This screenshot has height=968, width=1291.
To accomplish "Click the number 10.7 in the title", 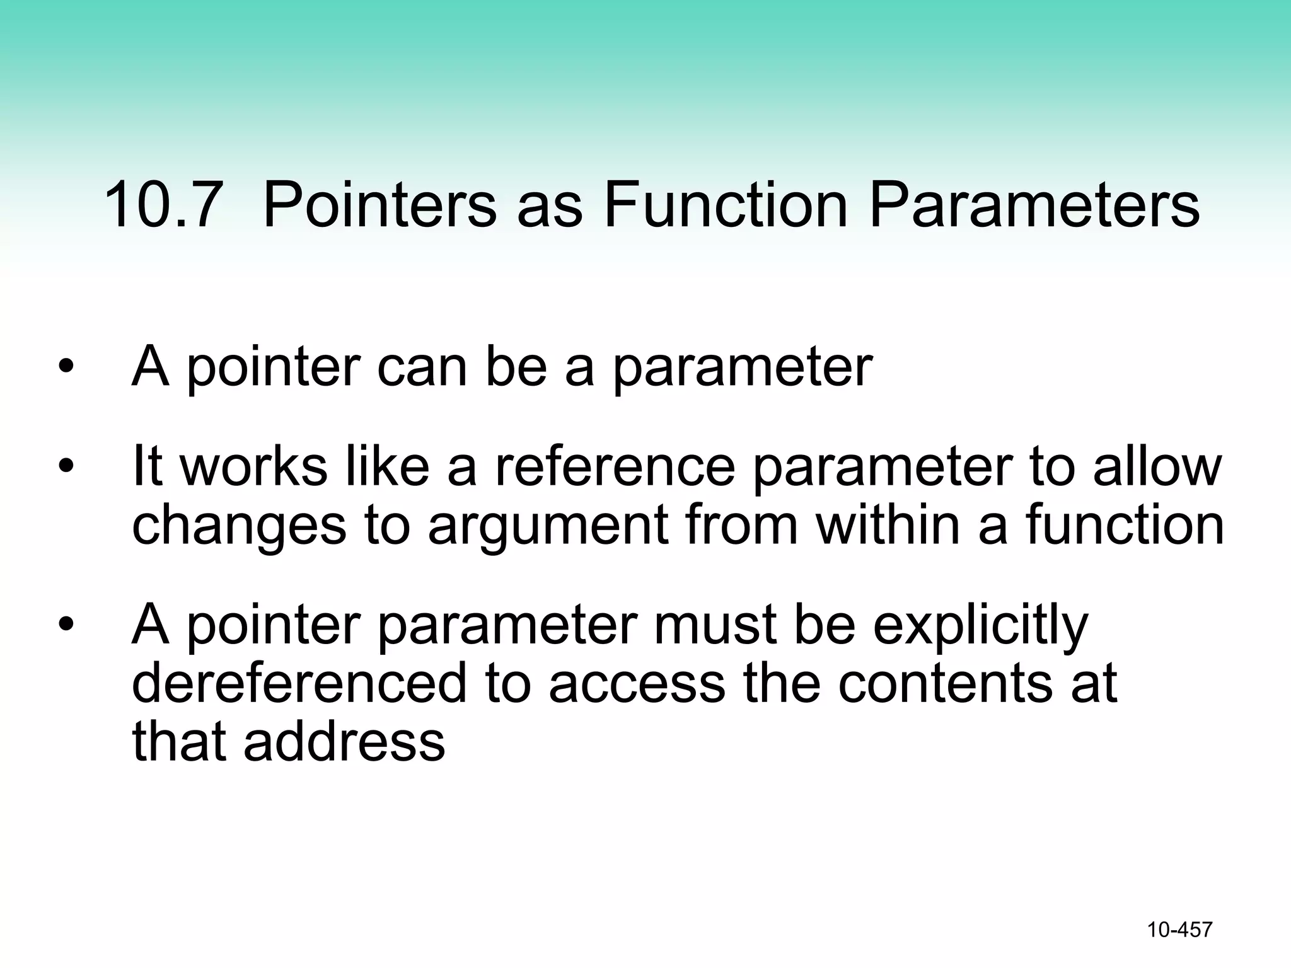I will [x=162, y=205].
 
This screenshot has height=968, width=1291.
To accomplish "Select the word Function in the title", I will [x=726, y=205].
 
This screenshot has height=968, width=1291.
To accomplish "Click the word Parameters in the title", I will [x=1034, y=205].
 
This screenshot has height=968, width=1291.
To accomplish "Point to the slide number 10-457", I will [x=1179, y=930].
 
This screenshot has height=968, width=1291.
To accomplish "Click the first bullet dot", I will [x=66, y=367].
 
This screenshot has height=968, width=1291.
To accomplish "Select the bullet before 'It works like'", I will [x=66, y=466].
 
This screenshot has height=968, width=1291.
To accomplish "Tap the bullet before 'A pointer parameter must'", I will [x=66, y=625].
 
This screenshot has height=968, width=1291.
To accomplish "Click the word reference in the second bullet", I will [x=615, y=466].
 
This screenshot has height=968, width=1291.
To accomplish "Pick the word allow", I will [x=1157, y=466].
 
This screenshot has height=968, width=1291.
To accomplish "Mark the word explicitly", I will [x=980, y=626].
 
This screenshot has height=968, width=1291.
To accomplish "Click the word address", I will [x=344, y=741].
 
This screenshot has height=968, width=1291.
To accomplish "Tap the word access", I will [x=637, y=684].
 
